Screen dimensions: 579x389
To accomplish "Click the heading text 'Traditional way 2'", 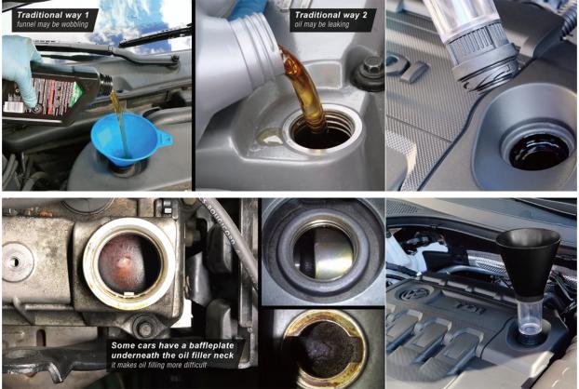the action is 331,15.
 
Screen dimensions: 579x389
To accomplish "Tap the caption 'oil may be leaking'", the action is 322,24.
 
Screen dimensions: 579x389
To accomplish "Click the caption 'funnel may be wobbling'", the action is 52,24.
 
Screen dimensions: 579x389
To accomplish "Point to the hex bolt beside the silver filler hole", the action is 370,67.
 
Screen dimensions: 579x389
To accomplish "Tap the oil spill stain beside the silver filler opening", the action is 270,137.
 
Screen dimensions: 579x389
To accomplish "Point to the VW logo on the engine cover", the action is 412,294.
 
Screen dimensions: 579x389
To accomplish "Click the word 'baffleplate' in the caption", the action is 211,345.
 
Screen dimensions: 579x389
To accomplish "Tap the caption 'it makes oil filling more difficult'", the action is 159,365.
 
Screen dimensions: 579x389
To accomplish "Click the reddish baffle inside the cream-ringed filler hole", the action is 126,263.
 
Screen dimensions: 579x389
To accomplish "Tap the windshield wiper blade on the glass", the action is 155,36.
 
